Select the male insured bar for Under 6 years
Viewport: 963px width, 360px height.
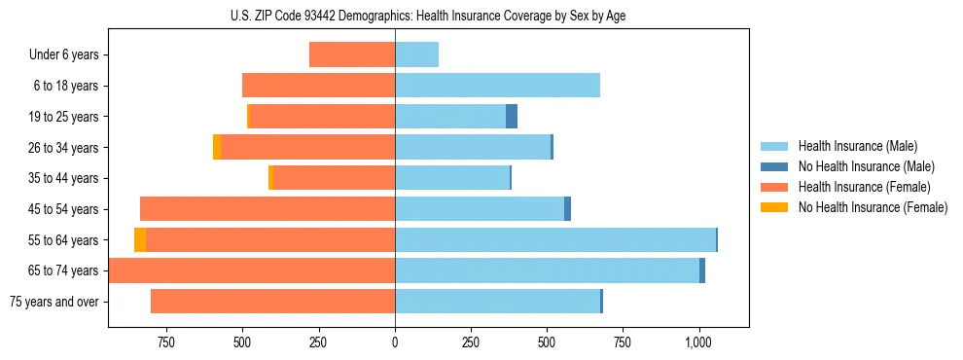[416, 54]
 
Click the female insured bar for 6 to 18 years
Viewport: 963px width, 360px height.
[318, 86]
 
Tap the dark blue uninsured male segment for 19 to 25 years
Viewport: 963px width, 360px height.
[512, 117]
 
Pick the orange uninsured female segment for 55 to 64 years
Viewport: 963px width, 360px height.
[140, 239]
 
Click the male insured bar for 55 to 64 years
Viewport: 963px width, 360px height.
[554, 239]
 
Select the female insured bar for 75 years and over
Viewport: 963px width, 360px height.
[272, 302]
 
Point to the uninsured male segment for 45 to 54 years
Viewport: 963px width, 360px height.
[567, 209]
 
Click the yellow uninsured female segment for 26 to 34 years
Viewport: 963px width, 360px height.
[217, 147]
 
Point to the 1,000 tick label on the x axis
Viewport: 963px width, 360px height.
[699, 342]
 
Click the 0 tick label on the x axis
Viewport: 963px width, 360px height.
[395, 342]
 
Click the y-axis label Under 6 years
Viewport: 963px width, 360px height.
[64, 54]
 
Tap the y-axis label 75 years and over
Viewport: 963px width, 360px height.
[54, 302]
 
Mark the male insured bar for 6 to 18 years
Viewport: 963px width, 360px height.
[497, 86]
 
